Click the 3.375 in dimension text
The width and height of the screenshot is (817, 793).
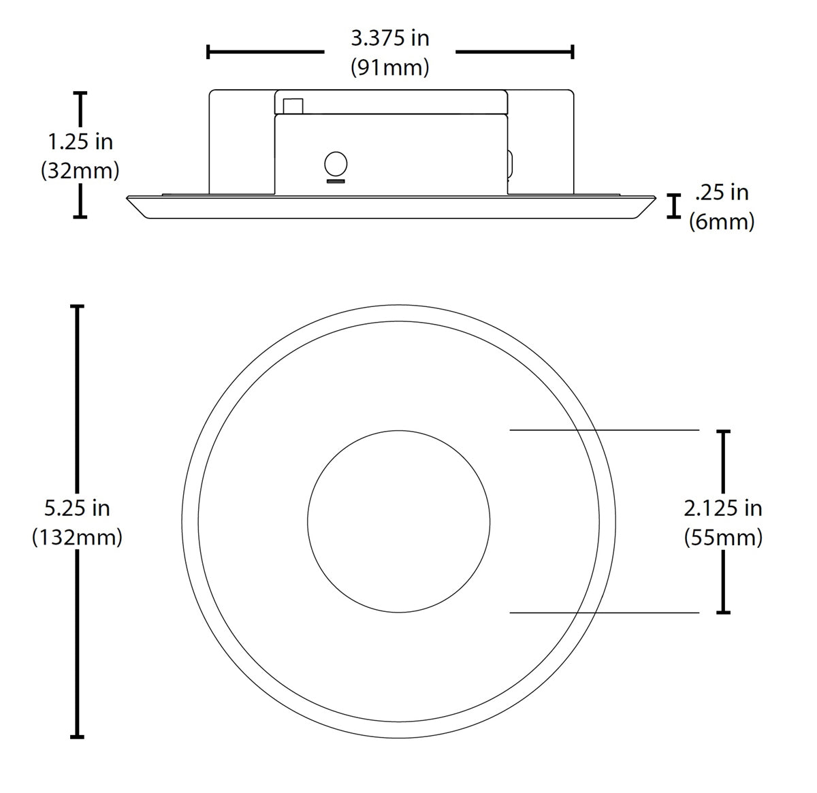click(x=390, y=38)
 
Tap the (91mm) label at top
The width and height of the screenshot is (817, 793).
click(x=390, y=67)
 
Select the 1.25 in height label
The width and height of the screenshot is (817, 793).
click(x=80, y=142)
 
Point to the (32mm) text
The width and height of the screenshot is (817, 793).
click(x=80, y=170)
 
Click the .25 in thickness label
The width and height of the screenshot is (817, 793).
click(x=722, y=193)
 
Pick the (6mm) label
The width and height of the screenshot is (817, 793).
click(x=722, y=222)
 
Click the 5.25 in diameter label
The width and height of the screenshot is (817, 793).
click(x=77, y=508)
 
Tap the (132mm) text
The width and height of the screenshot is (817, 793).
click(x=77, y=537)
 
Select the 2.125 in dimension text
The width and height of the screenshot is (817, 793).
click(x=723, y=508)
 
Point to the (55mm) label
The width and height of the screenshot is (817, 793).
click(x=723, y=538)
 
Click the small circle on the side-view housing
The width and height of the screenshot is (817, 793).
click(x=336, y=164)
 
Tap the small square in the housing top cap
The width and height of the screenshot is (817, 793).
click(x=293, y=106)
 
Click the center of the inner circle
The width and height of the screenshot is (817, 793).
click(x=398, y=521)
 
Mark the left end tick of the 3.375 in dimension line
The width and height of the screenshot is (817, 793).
click(x=208, y=51)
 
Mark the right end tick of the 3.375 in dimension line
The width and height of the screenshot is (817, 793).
click(x=573, y=51)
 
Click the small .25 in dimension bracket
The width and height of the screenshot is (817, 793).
click(x=675, y=206)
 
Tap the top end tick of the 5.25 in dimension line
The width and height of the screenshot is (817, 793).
click(x=78, y=307)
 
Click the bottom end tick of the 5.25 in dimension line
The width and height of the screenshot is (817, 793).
click(x=78, y=736)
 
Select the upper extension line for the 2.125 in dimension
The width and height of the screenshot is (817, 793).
click(x=605, y=430)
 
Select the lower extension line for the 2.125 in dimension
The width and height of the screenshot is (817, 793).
click(x=605, y=613)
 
